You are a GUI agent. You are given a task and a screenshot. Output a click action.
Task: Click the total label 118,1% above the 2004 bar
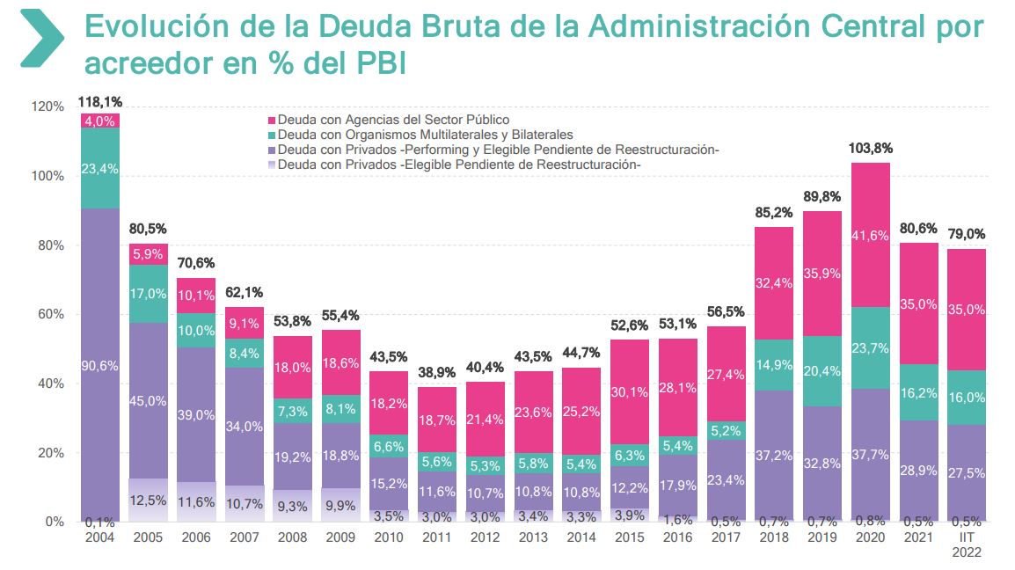(99, 102)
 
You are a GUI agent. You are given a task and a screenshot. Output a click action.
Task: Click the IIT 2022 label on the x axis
(966, 544)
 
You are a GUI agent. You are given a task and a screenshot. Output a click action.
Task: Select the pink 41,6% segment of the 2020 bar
(870, 235)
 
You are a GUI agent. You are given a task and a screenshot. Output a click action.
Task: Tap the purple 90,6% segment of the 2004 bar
(99, 365)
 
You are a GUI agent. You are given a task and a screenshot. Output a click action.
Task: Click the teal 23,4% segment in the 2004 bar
(99, 168)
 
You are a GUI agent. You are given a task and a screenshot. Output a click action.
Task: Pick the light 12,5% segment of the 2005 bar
(147, 501)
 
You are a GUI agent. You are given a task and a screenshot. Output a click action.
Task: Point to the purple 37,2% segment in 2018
(773, 455)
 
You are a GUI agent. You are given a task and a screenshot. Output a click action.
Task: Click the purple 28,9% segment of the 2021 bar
(918, 471)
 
